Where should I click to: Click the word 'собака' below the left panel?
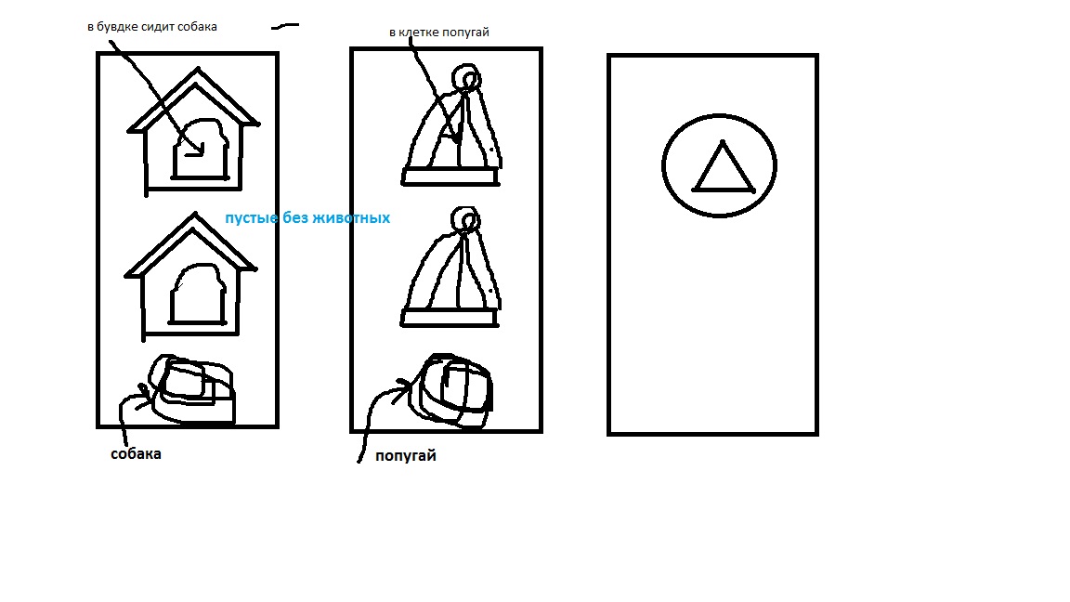(x=136, y=454)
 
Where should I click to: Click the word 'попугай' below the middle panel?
(x=405, y=455)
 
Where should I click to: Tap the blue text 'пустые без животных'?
(x=307, y=217)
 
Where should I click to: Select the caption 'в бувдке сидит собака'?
(x=152, y=27)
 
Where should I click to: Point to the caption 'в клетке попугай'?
(x=438, y=33)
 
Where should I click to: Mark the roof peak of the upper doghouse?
(x=198, y=68)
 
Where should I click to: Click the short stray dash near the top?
(x=285, y=27)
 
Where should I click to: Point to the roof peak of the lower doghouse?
(x=194, y=214)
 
